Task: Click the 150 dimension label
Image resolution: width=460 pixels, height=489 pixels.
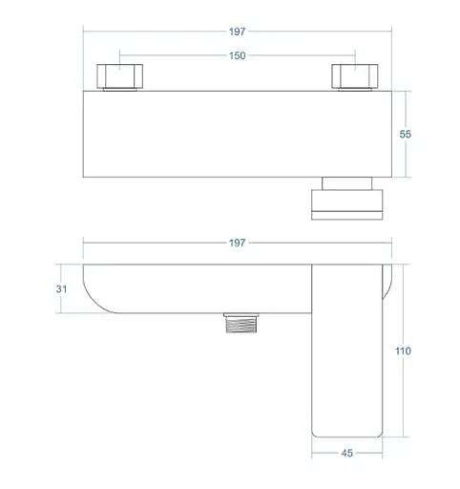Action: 237,55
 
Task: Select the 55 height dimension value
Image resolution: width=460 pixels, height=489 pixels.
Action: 405,135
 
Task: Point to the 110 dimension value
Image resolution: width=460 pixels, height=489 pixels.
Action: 404,351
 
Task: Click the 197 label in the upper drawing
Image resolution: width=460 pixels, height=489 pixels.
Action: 237,31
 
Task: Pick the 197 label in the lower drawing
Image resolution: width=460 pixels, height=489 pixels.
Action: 237,243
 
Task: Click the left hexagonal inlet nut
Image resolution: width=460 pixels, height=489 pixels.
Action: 119,76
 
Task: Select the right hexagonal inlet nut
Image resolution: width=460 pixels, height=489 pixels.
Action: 352,76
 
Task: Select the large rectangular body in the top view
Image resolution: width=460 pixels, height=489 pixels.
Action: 239,134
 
